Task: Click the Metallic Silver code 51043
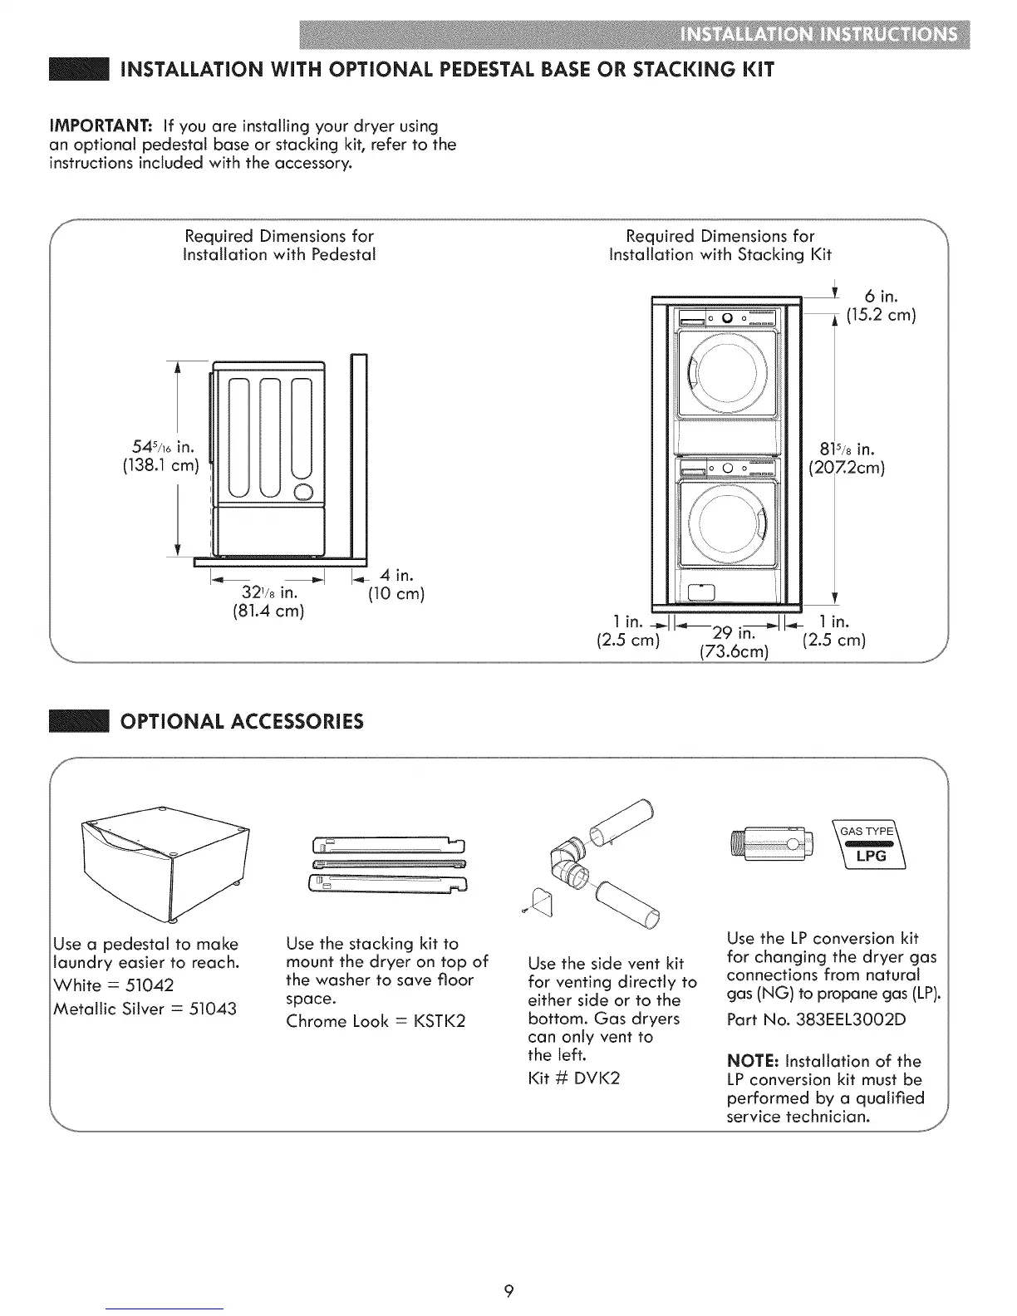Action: (x=211, y=1009)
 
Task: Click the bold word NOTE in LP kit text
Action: (x=753, y=1061)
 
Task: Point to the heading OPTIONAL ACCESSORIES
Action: (x=242, y=720)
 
